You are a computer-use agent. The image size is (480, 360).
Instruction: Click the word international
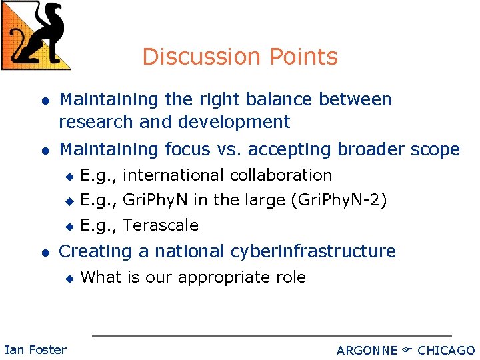pyautogui.click(x=174, y=175)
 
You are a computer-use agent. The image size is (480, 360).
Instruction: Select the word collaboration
pyautogui.click(x=281, y=175)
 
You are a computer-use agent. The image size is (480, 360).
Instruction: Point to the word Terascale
pyautogui.click(x=161, y=225)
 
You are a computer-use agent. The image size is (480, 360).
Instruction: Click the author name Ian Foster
pyautogui.click(x=35, y=349)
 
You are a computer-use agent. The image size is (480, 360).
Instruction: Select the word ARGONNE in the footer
pyautogui.click(x=367, y=350)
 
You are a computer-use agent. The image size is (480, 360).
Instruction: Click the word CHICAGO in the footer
pyautogui.click(x=446, y=350)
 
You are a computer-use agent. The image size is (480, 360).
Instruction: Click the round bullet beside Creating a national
pyautogui.click(x=44, y=252)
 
